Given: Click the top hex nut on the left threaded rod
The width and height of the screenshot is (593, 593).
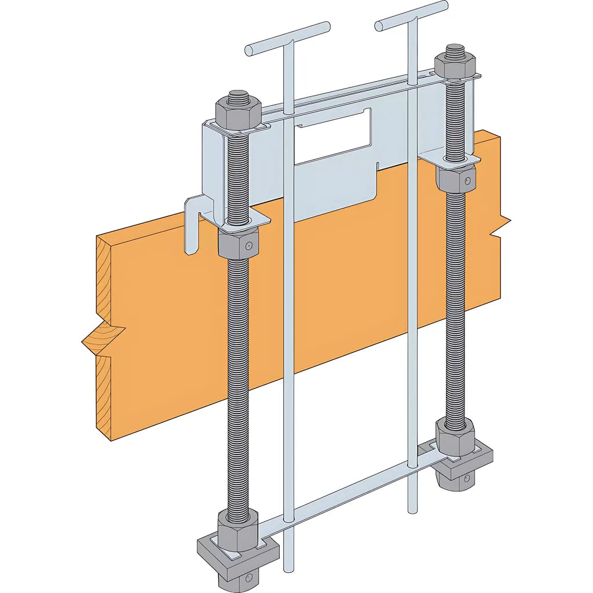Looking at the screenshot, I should point(237,114).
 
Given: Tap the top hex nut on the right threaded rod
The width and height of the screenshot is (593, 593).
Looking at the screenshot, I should point(455,65).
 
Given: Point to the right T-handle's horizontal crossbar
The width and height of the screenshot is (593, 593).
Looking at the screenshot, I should point(411,16).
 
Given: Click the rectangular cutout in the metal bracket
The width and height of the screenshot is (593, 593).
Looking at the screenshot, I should point(332,136).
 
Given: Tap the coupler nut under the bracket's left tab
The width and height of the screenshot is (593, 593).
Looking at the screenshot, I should point(238,244).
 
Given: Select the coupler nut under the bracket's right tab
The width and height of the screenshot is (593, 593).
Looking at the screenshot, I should point(456,179).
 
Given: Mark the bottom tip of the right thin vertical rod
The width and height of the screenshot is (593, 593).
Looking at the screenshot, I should point(412,510).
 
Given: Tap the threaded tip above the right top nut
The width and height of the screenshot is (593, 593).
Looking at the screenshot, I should point(455,48).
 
